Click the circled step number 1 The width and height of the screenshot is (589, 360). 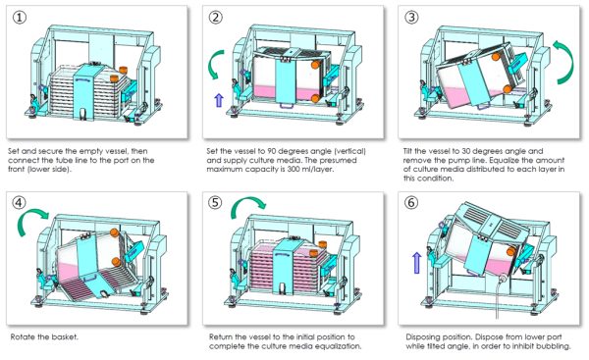pos(20,18)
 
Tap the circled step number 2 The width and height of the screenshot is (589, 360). pos(216,18)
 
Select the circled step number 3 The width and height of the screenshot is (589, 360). pos(411,18)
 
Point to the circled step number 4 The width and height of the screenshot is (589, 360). pos(20,203)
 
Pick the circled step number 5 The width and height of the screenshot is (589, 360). pos(216,203)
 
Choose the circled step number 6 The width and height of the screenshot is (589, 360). pos(411,203)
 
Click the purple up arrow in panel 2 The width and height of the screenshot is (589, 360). pos(219,100)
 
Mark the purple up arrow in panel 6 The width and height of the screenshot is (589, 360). pos(416,263)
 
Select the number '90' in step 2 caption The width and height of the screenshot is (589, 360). pos(272,151)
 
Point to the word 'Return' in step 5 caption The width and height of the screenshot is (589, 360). pos(221,336)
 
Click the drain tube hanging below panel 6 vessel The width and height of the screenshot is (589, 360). pos(499,300)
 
